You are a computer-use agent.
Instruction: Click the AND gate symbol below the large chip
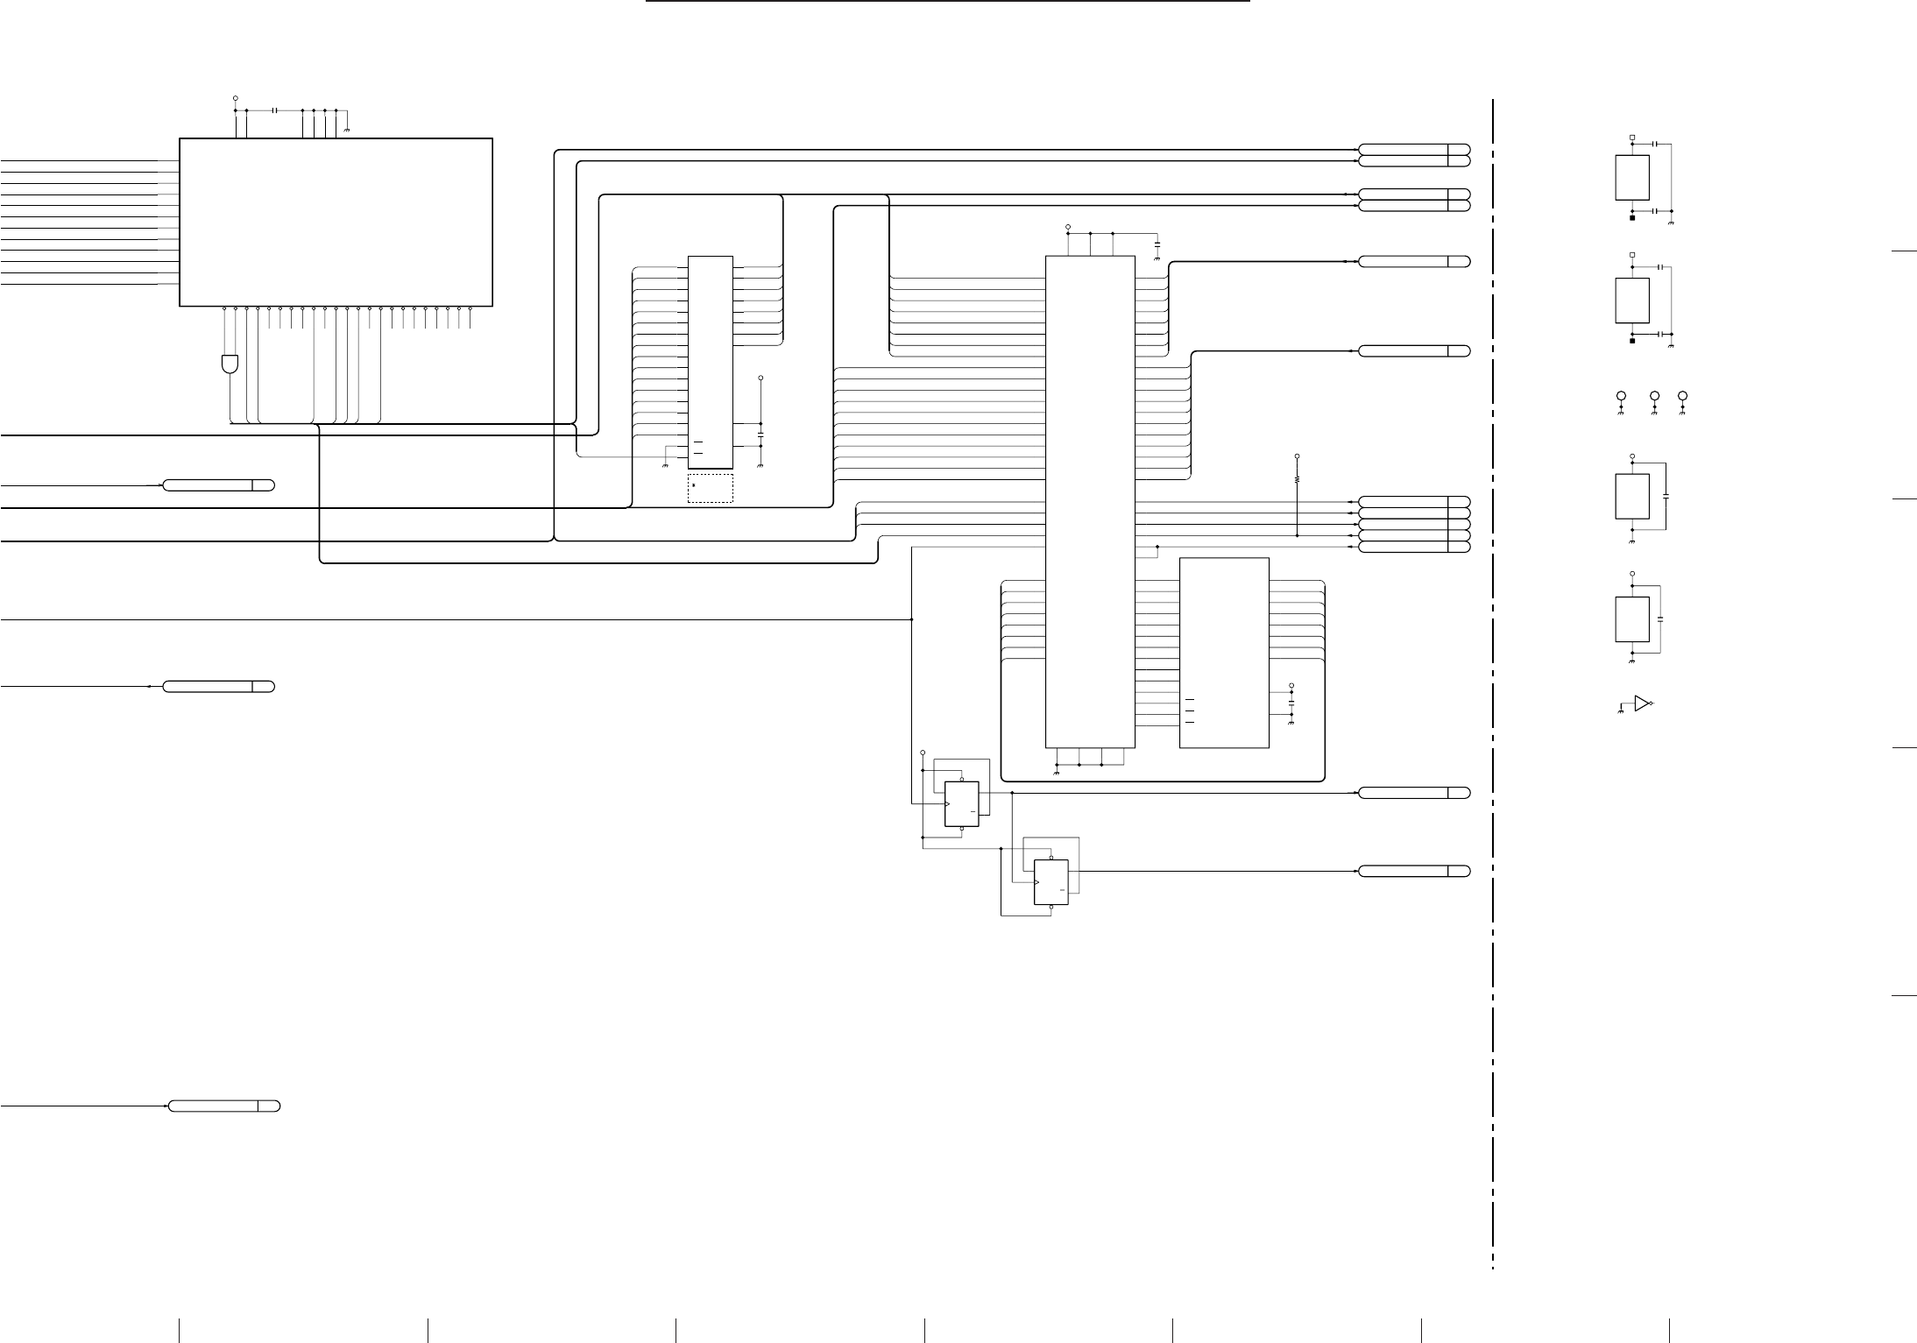click(x=230, y=364)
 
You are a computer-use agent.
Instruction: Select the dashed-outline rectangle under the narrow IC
click(x=710, y=488)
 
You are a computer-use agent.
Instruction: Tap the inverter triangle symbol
click(x=1642, y=703)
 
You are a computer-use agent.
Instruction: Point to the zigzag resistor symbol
click(x=1297, y=480)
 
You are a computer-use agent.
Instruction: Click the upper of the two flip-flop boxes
click(x=961, y=803)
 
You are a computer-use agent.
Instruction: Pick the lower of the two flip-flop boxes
click(x=1051, y=882)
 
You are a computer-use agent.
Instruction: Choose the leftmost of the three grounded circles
click(x=1622, y=397)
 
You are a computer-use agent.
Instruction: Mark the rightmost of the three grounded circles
click(x=1683, y=397)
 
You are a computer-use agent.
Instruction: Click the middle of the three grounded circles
click(x=1654, y=397)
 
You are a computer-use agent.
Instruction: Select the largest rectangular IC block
click(x=336, y=222)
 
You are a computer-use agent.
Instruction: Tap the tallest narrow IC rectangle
click(x=1090, y=502)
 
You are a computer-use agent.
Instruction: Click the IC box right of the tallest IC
click(x=1224, y=653)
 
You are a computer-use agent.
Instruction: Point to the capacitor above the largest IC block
click(x=275, y=110)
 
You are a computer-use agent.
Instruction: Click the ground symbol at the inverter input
click(x=1620, y=712)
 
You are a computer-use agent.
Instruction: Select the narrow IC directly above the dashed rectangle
click(x=710, y=362)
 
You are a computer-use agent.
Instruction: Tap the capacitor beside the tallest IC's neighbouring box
click(x=1291, y=703)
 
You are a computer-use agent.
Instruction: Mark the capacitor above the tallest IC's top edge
click(x=1157, y=241)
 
